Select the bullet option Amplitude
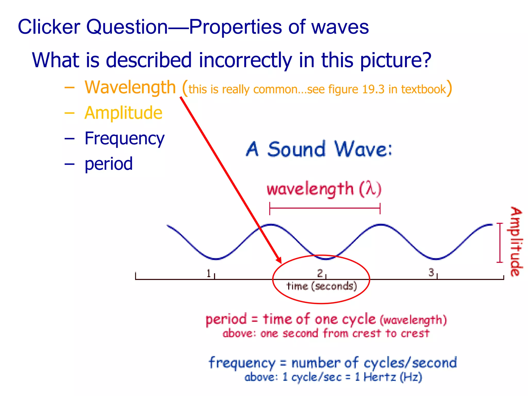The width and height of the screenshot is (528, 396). [123, 113]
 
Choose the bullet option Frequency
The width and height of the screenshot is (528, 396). [124, 138]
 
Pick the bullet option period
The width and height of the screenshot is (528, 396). [109, 164]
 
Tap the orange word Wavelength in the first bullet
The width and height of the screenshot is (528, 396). [130, 87]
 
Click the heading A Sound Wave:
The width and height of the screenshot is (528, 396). [319, 149]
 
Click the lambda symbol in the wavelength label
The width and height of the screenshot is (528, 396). [370, 189]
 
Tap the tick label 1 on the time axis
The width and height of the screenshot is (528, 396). [209, 273]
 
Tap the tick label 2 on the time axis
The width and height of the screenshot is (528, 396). [320, 273]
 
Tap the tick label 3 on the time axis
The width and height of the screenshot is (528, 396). [431, 273]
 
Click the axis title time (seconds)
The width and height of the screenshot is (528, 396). [321, 286]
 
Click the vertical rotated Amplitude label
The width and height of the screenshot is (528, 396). [516, 242]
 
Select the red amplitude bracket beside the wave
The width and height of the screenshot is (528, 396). [500, 243]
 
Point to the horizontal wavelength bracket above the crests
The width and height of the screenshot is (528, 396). [325, 208]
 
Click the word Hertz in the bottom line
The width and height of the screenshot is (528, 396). [379, 377]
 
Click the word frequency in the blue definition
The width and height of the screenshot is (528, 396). [242, 363]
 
